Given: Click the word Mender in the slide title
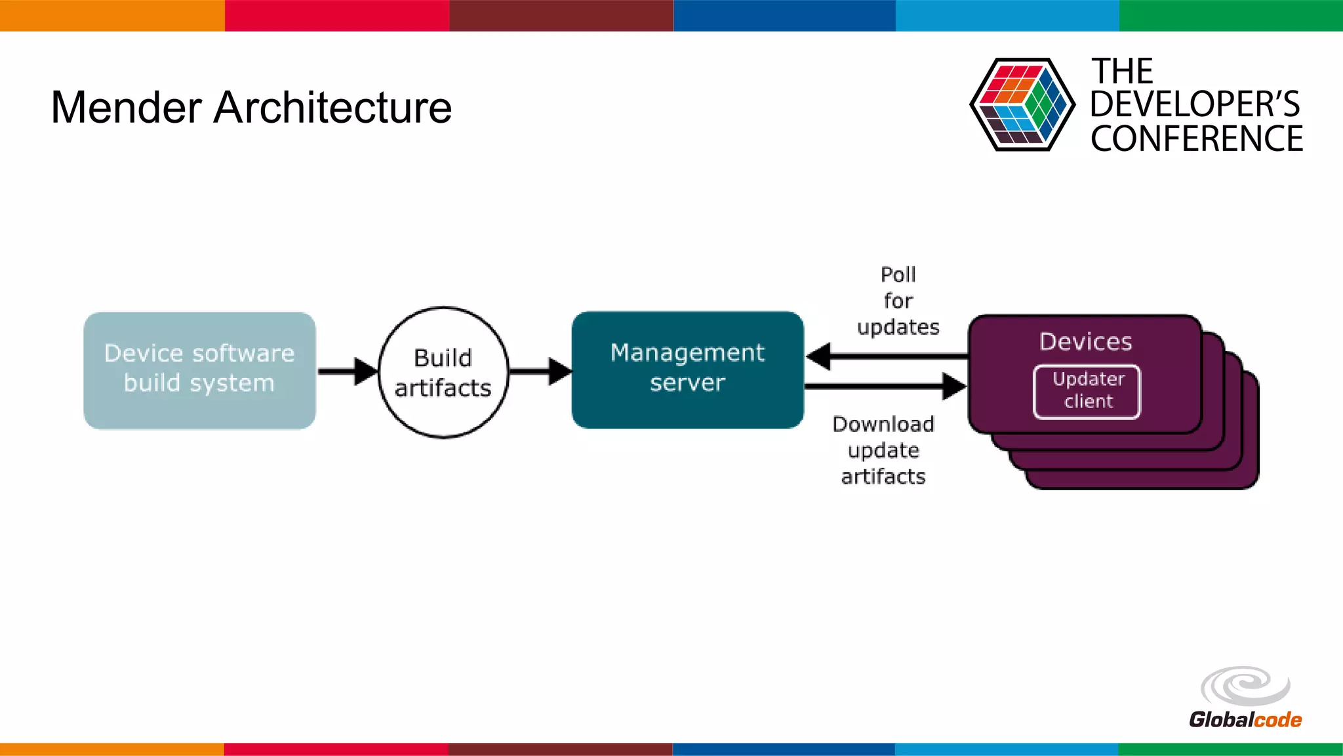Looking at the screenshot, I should click(x=126, y=108).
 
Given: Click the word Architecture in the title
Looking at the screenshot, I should click(x=332, y=108).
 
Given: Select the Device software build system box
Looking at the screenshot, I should click(x=199, y=371).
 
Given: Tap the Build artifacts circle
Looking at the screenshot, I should click(x=443, y=372).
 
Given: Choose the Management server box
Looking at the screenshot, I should click(x=687, y=369).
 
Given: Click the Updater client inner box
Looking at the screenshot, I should click(x=1087, y=391).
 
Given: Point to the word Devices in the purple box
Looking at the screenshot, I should click(x=1085, y=341).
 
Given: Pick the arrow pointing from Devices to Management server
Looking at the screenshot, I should click(x=885, y=356).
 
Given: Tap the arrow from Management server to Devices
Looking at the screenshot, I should click(x=885, y=386).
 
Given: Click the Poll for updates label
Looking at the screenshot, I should click(x=898, y=301).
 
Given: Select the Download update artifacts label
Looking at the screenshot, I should click(x=883, y=450).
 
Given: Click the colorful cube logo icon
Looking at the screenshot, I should click(x=1022, y=104).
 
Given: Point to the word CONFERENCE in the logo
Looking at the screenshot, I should click(x=1196, y=139).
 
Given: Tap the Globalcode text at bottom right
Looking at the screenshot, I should click(x=1245, y=720).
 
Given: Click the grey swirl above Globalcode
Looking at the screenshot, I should click(x=1245, y=686).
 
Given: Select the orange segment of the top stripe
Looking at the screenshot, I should click(x=111, y=15).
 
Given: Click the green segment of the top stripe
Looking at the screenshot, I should click(x=1231, y=15).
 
